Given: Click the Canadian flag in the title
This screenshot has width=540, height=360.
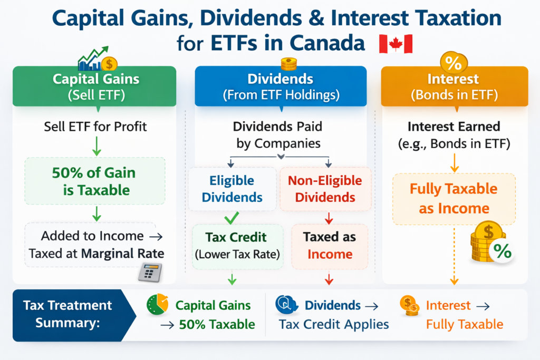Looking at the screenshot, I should (396, 44).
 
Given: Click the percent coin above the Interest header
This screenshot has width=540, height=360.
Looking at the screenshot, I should (452, 62).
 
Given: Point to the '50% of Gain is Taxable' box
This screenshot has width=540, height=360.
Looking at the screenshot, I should (95, 180).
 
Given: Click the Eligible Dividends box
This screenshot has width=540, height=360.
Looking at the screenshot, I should (233, 189).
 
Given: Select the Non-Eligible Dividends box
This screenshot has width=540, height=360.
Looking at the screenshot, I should (325, 189).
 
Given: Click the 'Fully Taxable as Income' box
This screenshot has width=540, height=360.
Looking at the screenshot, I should (454, 198).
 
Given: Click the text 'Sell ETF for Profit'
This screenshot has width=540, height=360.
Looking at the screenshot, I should (95, 127).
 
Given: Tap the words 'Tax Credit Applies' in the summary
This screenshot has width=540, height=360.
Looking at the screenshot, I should (334, 324).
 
